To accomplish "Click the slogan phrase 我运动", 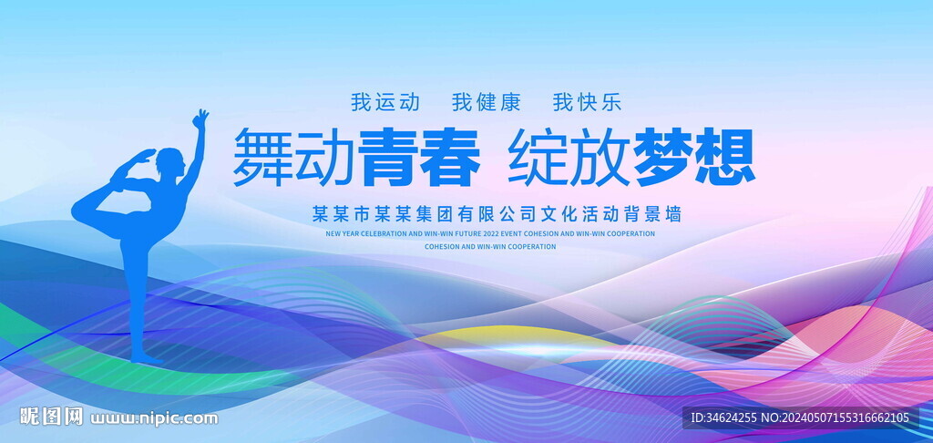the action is (x=385, y=102).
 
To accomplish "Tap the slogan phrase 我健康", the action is (x=487, y=102).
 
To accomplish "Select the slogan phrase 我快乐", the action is (x=588, y=102).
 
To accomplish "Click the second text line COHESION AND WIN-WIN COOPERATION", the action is (x=490, y=246).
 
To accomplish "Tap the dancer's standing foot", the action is (x=146, y=358).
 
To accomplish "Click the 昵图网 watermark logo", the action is (x=51, y=417).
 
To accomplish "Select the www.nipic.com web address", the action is (x=154, y=418).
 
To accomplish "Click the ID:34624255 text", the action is (x=723, y=418).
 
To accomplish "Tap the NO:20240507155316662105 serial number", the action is (x=836, y=418).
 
